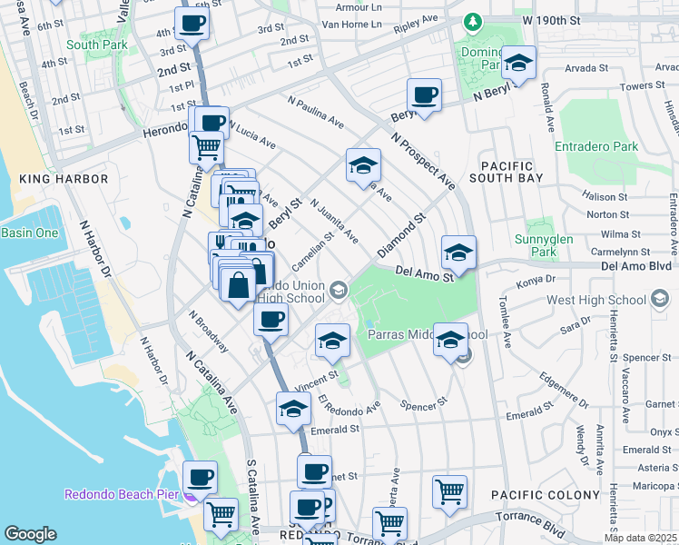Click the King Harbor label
coord(63,179)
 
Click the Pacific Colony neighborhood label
coord(545,495)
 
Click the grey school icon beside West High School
coord(661,299)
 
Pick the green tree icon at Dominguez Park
coord(471,20)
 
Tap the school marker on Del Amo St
coord(458,253)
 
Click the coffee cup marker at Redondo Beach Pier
coord(200,476)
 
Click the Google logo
coord(30,534)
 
